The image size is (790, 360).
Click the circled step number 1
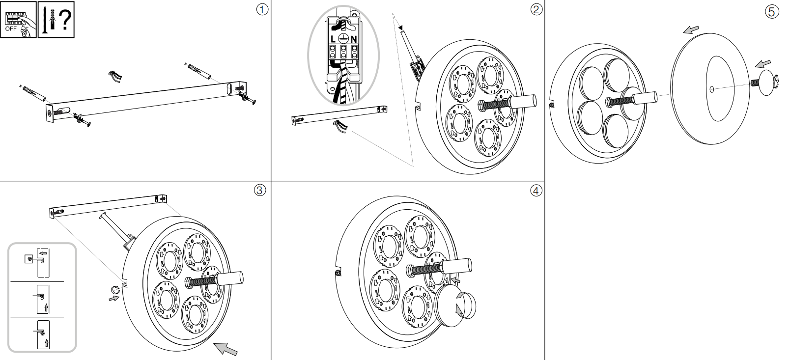[263, 9]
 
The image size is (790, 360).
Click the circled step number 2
[536, 9]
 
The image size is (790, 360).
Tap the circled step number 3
[259, 190]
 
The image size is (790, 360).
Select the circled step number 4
[536, 190]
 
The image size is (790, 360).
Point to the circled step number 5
[772, 12]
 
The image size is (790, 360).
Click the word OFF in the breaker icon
[11, 29]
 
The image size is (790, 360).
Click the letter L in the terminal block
[333, 39]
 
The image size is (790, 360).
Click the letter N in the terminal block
[354, 39]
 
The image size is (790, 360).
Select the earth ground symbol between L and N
[343, 39]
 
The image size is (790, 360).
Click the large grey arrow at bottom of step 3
[226, 348]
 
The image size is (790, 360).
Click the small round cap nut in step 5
[766, 82]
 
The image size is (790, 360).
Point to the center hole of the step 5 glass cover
[712, 89]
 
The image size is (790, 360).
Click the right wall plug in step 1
[198, 71]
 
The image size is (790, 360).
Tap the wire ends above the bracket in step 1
[114, 76]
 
